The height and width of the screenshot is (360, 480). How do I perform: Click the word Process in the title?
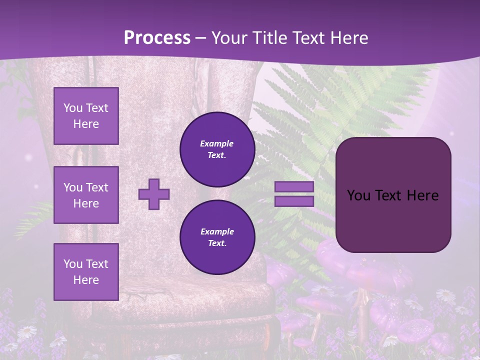coord(157,37)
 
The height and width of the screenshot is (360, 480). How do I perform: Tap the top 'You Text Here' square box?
coord(86,116)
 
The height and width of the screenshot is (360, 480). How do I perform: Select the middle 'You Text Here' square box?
coord(86,195)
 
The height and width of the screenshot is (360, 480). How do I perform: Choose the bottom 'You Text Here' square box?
coord(86,271)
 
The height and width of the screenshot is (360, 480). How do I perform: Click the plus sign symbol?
coord(154,194)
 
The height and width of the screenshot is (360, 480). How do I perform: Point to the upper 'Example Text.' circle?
coord(217,149)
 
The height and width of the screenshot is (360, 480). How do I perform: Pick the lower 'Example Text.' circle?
coord(217,237)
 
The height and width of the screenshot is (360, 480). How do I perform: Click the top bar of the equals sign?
coord(294,187)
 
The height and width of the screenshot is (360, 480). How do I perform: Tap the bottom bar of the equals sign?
coord(294,201)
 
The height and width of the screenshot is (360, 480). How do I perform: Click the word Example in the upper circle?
coord(216,143)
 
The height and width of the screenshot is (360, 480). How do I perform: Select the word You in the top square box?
coord(73,108)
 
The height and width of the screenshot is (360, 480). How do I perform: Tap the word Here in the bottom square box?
coord(86,280)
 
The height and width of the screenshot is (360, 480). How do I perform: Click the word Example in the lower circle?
coord(217,231)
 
